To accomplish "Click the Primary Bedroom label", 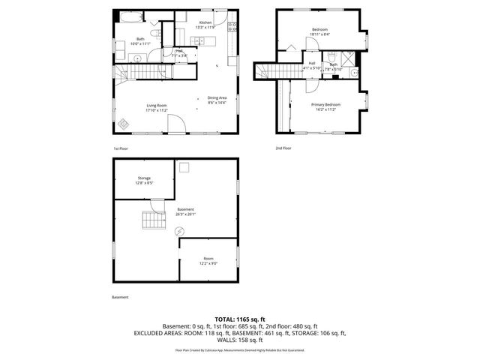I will (x=326, y=106).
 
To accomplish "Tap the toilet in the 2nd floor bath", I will (x=331, y=57).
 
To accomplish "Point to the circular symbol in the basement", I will (x=179, y=232).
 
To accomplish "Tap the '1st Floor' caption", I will (x=121, y=148).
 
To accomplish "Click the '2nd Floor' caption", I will (x=283, y=148).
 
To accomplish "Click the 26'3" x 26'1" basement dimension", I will (x=185, y=214).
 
